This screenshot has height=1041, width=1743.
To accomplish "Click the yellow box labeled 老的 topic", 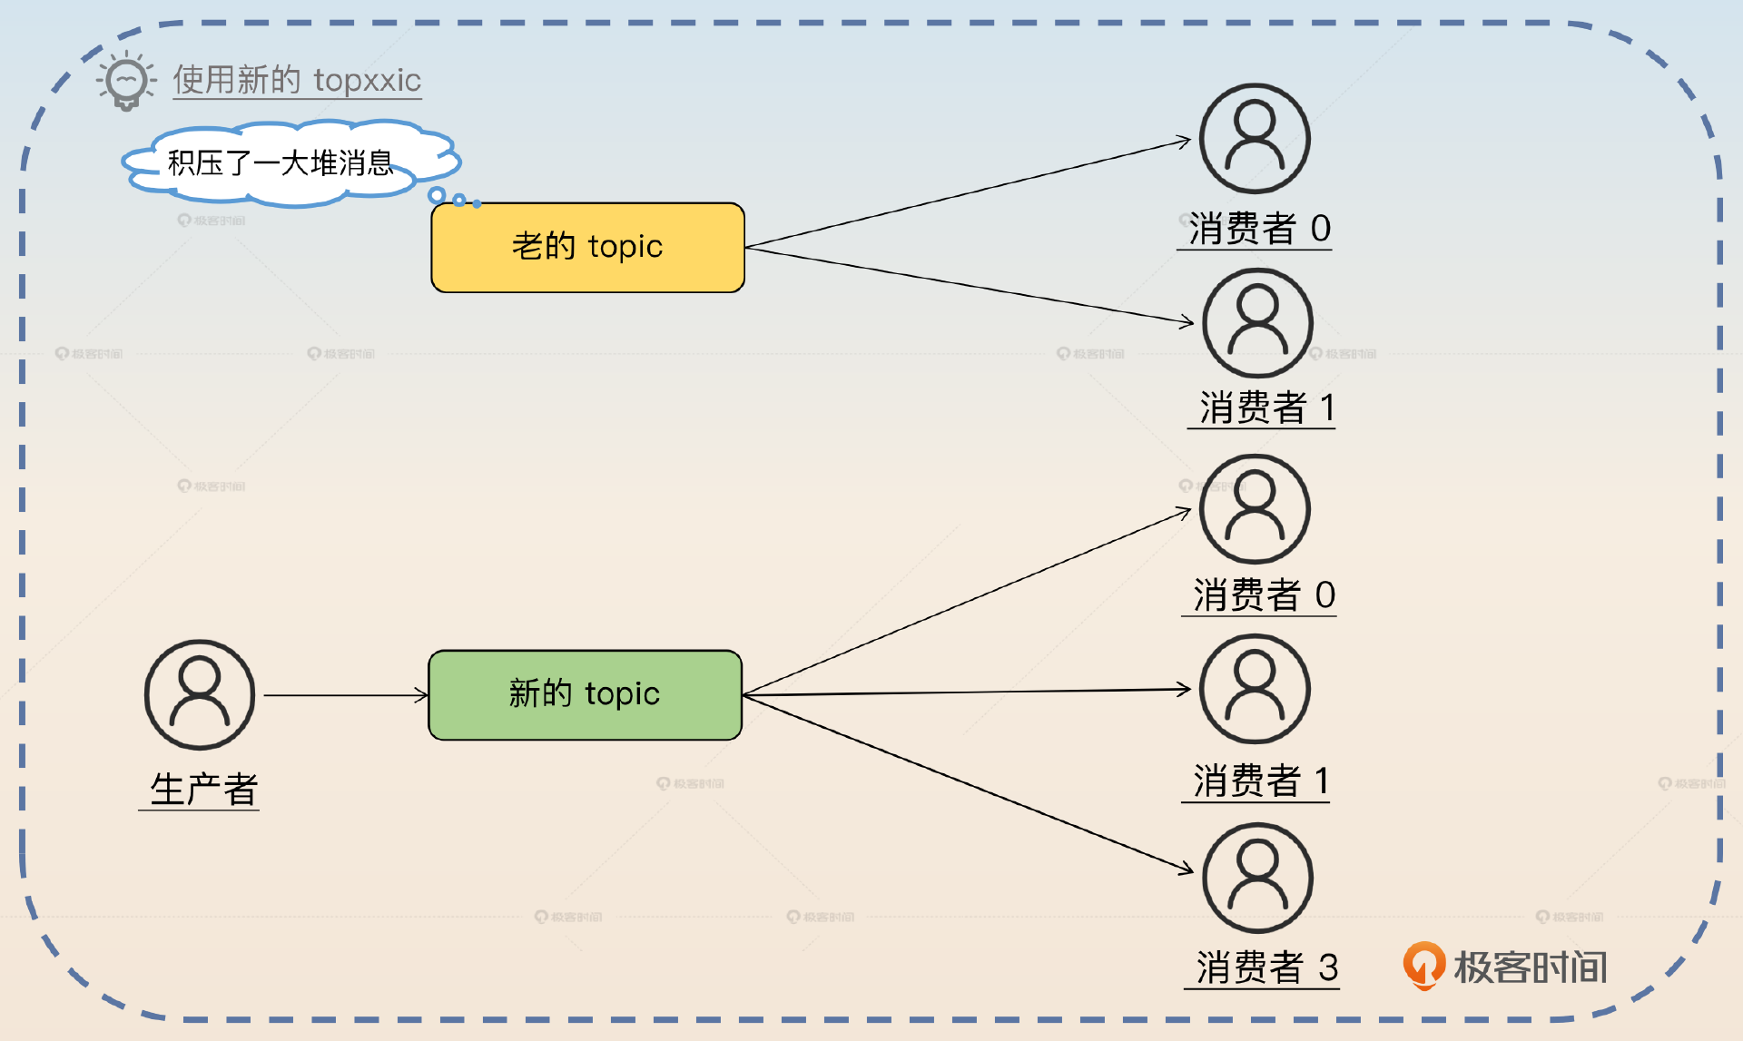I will pyautogui.click(x=587, y=247).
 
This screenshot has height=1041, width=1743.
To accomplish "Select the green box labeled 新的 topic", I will pyautogui.click(x=585, y=694).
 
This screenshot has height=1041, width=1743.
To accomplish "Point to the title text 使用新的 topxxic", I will pyautogui.click(x=297, y=80).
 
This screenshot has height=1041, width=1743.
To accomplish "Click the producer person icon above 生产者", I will pyautogui.click(x=200, y=695).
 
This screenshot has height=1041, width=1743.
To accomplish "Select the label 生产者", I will pyautogui.click(x=203, y=789).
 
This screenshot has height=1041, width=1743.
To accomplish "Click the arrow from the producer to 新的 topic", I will pyautogui.click(x=345, y=695).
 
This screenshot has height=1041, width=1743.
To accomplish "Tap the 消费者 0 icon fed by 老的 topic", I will pyautogui.click(x=1255, y=139).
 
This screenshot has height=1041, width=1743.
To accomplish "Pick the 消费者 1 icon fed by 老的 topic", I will pyautogui.click(x=1257, y=322).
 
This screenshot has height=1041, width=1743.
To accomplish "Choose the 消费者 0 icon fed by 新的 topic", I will pyautogui.click(x=1255, y=509).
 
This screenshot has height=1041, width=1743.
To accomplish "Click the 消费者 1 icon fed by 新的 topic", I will pyautogui.click(x=1255, y=689).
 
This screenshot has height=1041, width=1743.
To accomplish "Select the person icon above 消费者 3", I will pyautogui.click(x=1257, y=878).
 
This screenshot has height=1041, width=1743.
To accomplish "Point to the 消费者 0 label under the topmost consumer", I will pyautogui.click(x=1258, y=228).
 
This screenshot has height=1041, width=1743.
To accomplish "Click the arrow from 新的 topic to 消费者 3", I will pyautogui.click(x=967, y=783).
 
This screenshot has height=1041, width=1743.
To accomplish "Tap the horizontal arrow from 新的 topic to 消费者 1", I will pyautogui.click(x=967, y=692).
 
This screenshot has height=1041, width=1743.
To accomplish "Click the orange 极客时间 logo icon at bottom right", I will pyautogui.click(x=1423, y=965).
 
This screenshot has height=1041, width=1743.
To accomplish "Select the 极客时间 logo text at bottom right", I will pyautogui.click(x=1531, y=967).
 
